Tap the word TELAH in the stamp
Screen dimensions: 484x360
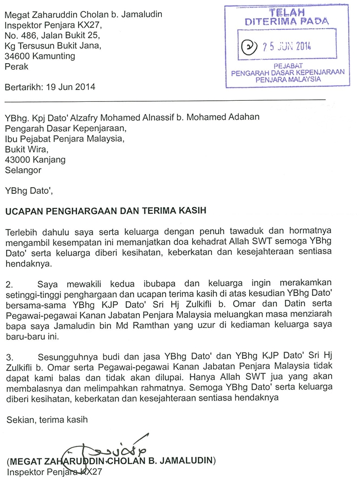click(x=287, y=12)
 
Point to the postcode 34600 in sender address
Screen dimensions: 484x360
click(x=17, y=56)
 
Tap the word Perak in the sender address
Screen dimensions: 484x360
click(x=16, y=66)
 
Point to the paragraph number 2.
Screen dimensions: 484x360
click(x=9, y=284)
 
